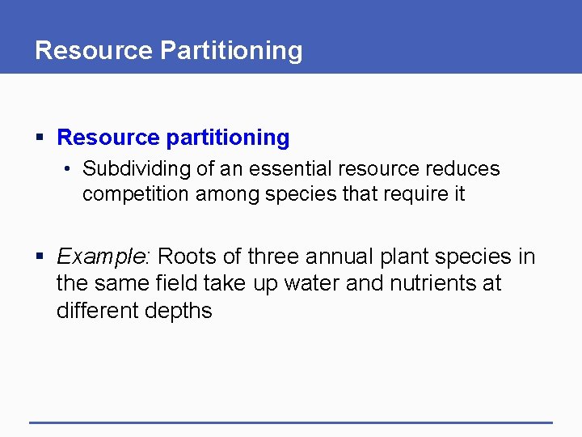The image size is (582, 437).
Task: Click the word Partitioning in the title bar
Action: click(x=231, y=50)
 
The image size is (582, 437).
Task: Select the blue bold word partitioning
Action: click(x=228, y=138)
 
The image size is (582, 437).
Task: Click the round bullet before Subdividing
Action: click(x=70, y=169)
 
